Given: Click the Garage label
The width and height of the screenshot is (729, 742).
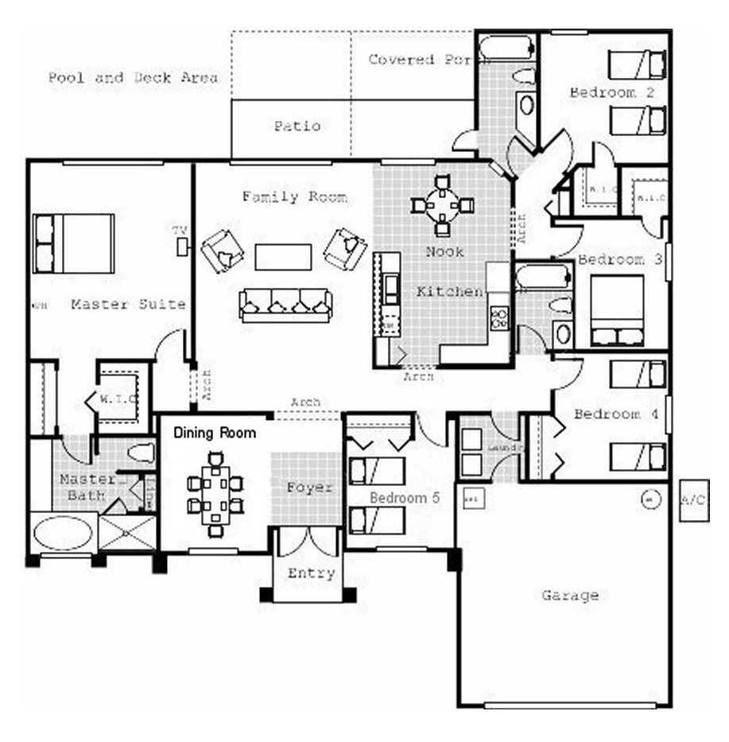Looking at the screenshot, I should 569,595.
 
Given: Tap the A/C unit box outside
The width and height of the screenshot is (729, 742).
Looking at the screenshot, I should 693,500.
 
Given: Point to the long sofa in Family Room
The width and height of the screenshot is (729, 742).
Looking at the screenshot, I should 285,305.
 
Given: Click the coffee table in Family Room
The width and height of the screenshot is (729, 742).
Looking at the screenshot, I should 283,257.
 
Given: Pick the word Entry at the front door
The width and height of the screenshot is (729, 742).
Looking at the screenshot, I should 311,573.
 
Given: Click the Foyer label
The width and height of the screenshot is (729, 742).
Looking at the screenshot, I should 309,488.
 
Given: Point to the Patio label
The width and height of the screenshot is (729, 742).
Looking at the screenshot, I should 297,126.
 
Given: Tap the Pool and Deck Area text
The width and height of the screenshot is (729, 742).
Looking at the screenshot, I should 133,78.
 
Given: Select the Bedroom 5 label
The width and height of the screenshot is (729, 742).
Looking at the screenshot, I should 405,498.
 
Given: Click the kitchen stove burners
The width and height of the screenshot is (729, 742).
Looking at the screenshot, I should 499,319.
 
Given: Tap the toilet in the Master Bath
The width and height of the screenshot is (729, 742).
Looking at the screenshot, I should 141,454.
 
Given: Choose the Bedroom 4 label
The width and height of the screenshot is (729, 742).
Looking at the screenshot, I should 607,414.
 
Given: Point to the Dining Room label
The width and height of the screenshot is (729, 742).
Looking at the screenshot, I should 215,433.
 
